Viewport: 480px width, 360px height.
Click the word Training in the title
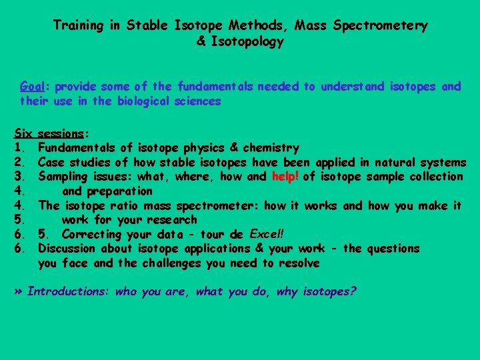point(78,26)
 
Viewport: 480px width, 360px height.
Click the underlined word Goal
point(33,87)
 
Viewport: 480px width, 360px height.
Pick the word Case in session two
point(51,162)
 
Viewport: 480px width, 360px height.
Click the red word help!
point(285,177)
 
